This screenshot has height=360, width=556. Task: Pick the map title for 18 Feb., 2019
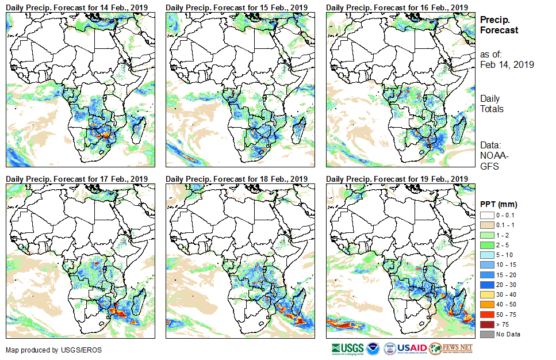point(236,179)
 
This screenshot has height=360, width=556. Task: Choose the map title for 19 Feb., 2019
point(397,179)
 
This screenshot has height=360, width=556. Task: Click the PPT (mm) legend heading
point(499,204)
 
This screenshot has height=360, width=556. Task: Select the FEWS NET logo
point(451,348)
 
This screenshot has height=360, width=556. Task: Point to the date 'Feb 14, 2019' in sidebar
point(507,64)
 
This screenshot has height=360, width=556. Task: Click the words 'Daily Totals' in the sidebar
point(492,104)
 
